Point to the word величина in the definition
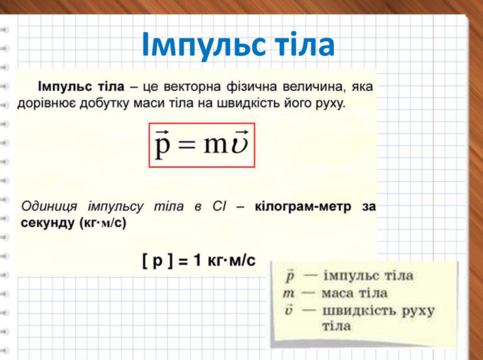pyautogui.click(x=313, y=87)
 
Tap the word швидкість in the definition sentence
pyautogui.click(x=248, y=104)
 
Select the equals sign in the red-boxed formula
pyautogui.click(x=187, y=144)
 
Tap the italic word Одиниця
pyautogui.click(x=49, y=207)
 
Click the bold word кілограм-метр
pyautogui.click(x=303, y=207)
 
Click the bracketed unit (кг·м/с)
pyautogui.click(x=103, y=223)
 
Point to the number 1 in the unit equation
pyautogui.click(x=198, y=261)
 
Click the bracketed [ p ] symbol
pyautogui.click(x=158, y=261)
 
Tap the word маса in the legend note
pyautogui.click(x=337, y=293)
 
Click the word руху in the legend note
pyautogui.click(x=419, y=312)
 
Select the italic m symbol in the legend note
pyautogui.click(x=288, y=294)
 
